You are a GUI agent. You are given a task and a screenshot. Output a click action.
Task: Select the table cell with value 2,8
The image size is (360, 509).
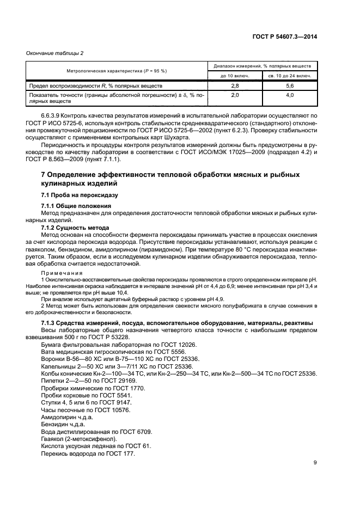(235, 86)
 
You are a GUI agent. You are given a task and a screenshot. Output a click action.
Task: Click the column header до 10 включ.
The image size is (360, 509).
(235, 76)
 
